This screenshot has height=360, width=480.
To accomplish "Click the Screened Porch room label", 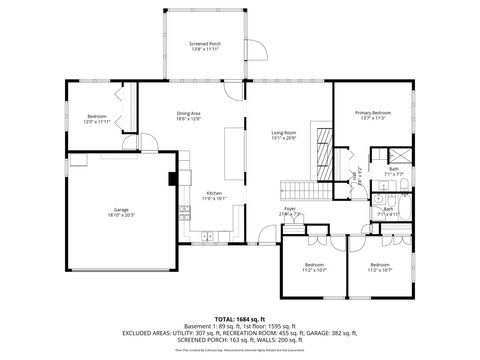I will tap(205, 45).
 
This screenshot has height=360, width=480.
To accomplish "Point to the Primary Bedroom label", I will tap(372, 113).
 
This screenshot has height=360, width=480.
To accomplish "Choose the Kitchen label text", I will tap(214, 193).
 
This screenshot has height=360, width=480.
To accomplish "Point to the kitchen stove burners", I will tap(184, 211).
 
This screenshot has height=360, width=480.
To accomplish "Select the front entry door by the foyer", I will tap(266, 236).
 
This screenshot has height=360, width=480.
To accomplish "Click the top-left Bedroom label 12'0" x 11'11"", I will tap(97, 117).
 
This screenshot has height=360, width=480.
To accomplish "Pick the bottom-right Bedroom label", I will tap(380, 267).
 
